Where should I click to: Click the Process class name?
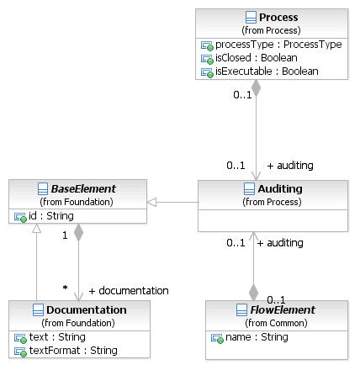click(x=278, y=18)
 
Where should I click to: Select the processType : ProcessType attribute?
click(x=278, y=45)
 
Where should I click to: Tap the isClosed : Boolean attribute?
click(x=257, y=58)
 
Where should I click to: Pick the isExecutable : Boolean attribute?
click(x=267, y=71)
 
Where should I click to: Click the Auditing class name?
click(x=280, y=188)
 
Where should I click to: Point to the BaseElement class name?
click(x=83, y=188)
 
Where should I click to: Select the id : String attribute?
click(x=51, y=216)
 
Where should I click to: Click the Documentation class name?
click(x=87, y=309)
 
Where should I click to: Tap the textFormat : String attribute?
click(x=73, y=351)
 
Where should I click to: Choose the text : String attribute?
click(x=57, y=337)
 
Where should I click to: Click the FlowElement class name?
click(x=283, y=309)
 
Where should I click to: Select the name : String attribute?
click(x=257, y=337)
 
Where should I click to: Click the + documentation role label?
click(x=129, y=291)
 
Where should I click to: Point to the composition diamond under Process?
click(x=256, y=88)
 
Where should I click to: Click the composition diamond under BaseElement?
click(x=78, y=232)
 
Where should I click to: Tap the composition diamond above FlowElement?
click(x=253, y=293)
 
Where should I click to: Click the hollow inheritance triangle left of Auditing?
click(x=151, y=202)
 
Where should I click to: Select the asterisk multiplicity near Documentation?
click(x=65, y=288)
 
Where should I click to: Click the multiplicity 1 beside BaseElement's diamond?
click(x=65, y=235)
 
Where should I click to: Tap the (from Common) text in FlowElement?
click(x=276, y=323)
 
